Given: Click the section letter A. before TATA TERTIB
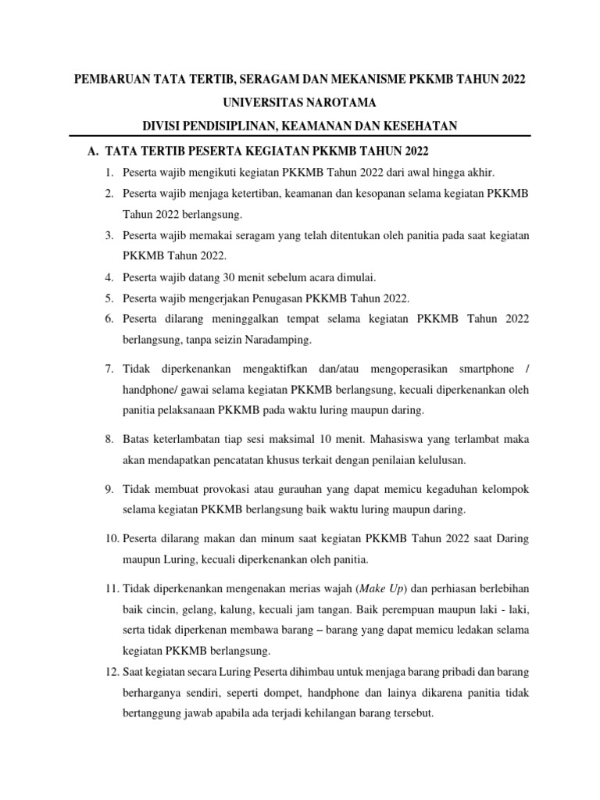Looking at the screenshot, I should pos(92,151).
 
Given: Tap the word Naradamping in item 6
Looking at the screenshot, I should pos(279,339).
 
